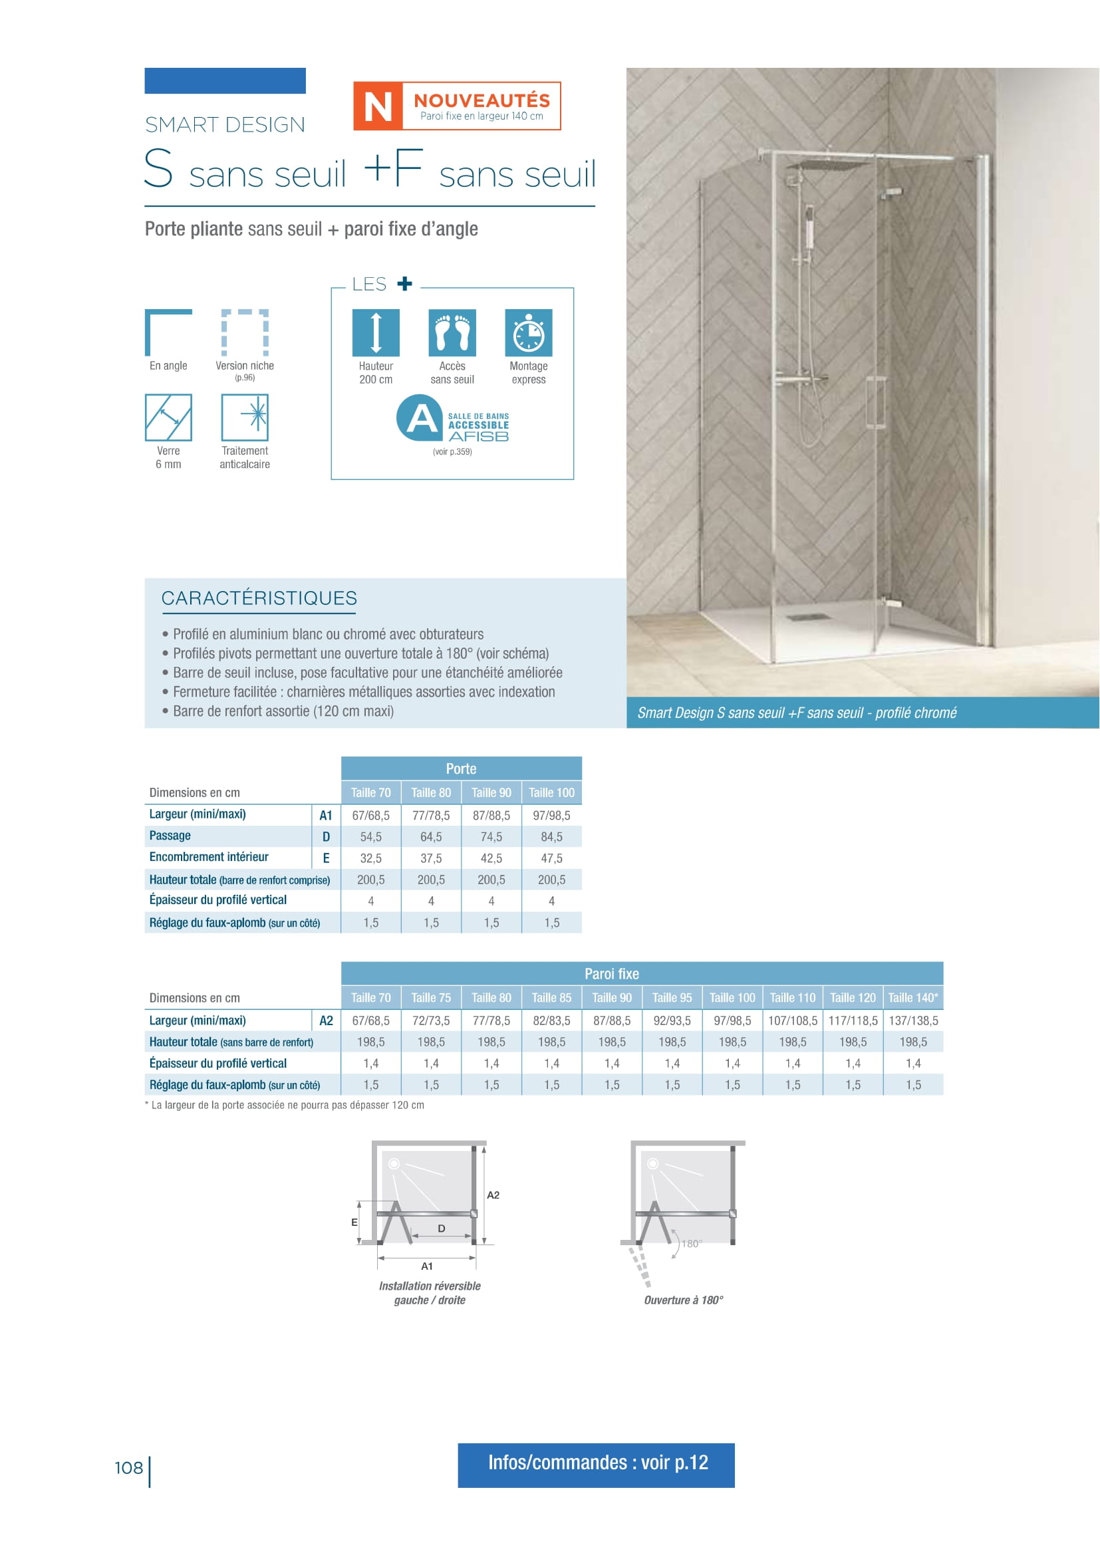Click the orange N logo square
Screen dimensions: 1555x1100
pos(377,106)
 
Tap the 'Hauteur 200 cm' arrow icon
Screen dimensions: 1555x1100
pos(376,332)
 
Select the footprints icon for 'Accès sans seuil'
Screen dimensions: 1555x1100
pos(452,332)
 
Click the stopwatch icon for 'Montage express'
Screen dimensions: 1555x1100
pos(528,332)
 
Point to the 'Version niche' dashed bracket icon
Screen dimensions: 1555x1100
pos(245,332)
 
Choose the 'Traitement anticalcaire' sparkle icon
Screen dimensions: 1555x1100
pos(245,418)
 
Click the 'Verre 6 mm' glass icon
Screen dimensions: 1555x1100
pos(168,418)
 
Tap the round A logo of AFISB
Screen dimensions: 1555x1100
pos(420,418)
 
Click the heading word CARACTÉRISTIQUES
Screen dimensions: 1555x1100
pos(259,598)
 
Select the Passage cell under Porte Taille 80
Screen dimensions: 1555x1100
pos(431,837)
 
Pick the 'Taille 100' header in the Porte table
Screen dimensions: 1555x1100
pos(551,792)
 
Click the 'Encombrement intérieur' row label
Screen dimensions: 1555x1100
pos(209,858)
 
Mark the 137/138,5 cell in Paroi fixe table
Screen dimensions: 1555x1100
pos(913,1020)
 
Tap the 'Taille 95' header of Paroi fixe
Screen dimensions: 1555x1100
pos(672,998)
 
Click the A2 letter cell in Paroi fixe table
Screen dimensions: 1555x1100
pos(326,1020)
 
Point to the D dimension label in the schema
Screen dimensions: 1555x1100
pos(442,1229)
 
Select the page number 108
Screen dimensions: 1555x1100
pos(129,1468)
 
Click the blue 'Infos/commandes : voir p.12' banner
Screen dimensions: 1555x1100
pos(596,1463)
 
